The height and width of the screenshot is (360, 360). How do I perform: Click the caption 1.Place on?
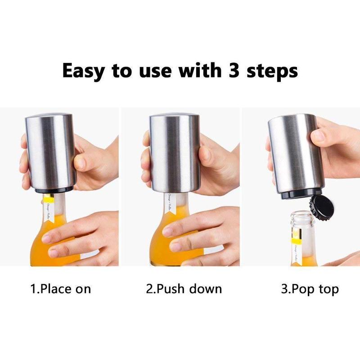coord(60,289)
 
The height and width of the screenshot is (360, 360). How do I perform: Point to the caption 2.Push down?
coord(184,289)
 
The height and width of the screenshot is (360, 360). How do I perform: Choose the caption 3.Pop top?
coord(310,289)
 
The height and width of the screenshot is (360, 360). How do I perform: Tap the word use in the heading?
coord(151,72)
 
